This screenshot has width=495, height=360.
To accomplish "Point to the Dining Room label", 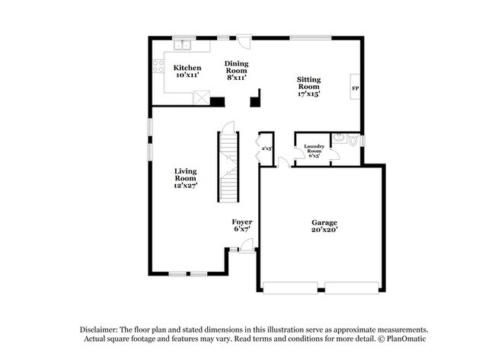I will point(237,71).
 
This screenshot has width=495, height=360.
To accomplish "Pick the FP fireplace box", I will point(355,89).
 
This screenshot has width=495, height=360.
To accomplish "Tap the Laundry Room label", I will point(315,148).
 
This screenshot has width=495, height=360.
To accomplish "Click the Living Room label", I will point(187,177).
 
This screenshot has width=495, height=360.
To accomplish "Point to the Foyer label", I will point(242,225).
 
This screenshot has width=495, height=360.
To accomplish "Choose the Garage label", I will point(324,226).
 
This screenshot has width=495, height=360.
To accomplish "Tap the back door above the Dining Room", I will point(243,42).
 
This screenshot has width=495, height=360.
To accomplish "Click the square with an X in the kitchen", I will point(202,97).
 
